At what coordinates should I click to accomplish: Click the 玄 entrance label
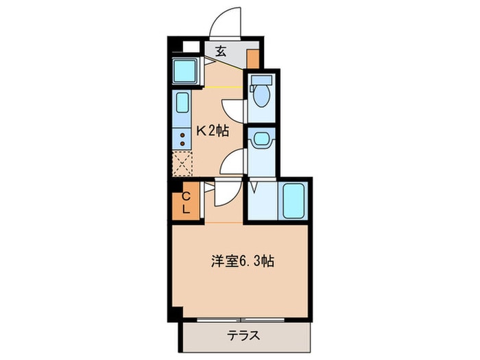tap(221, 50)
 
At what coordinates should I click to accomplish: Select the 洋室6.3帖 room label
tap(242, 261)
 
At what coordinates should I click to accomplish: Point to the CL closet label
tap(186, 204)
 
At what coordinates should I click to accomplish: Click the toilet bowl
tap(261, 97)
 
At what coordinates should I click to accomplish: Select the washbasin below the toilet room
tap(261, 141)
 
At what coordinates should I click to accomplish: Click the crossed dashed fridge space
tap(182, 165)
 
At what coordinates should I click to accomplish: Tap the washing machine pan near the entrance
tap(184, 70)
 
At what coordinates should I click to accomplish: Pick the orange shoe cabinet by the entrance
tap(253, 57)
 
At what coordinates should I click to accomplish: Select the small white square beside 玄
tap(189, 48)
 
